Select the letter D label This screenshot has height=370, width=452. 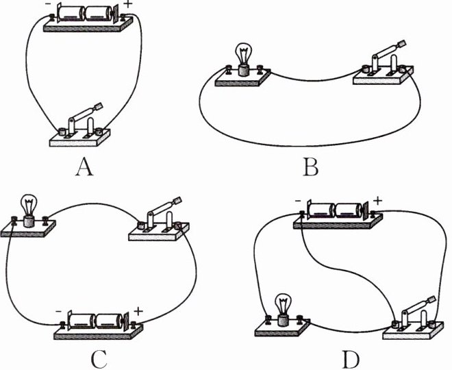tap(350, 358)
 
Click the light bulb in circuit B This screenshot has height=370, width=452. tap(242, 57)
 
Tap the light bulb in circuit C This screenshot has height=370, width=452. tap(28, 208)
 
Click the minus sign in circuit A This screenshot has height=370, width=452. tap(50, 6)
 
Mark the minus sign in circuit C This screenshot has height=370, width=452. tap(60, 312)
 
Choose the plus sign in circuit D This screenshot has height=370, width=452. tap(377, 201)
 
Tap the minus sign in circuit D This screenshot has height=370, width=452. tap(300, 201)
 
